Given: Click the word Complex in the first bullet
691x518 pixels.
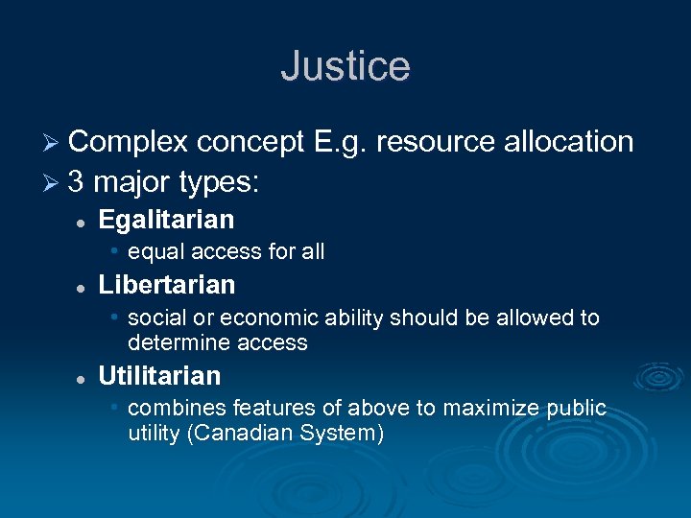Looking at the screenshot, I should [x=129, y=142].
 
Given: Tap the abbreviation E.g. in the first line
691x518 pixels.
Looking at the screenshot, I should [x=341, y=142].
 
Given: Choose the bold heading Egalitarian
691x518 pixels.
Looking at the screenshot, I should [x=166, y=220].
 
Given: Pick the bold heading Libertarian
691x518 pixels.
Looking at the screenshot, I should [x=166, y=285].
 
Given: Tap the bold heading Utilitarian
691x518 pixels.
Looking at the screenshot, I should [x=159, y=375].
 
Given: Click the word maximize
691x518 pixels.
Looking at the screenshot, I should [x=496, y=408].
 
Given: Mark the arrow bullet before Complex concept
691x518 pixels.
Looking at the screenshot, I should [x=55, y=143].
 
